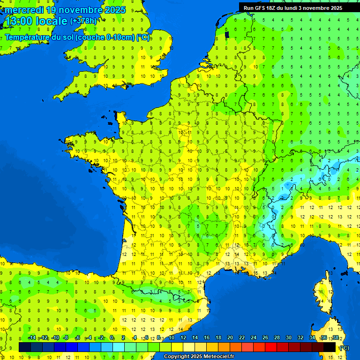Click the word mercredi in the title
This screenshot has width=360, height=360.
tap(24, 10)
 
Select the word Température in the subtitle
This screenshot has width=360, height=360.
tap(29, 37)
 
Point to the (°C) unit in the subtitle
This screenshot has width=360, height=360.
tap(142, 37)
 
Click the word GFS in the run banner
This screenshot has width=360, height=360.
tap(261, 8)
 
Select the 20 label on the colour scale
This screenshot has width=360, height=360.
tap(230, 338)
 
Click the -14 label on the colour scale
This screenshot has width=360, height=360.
tap(32, 338)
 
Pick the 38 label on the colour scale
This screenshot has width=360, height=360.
tap(335, 338)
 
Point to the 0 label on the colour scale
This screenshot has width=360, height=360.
tap(112, 338)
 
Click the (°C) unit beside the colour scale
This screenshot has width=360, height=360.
tap(344, 348)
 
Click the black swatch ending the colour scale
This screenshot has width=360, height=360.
tap(330, 347)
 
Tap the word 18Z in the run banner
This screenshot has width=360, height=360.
tap(274, 8)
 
